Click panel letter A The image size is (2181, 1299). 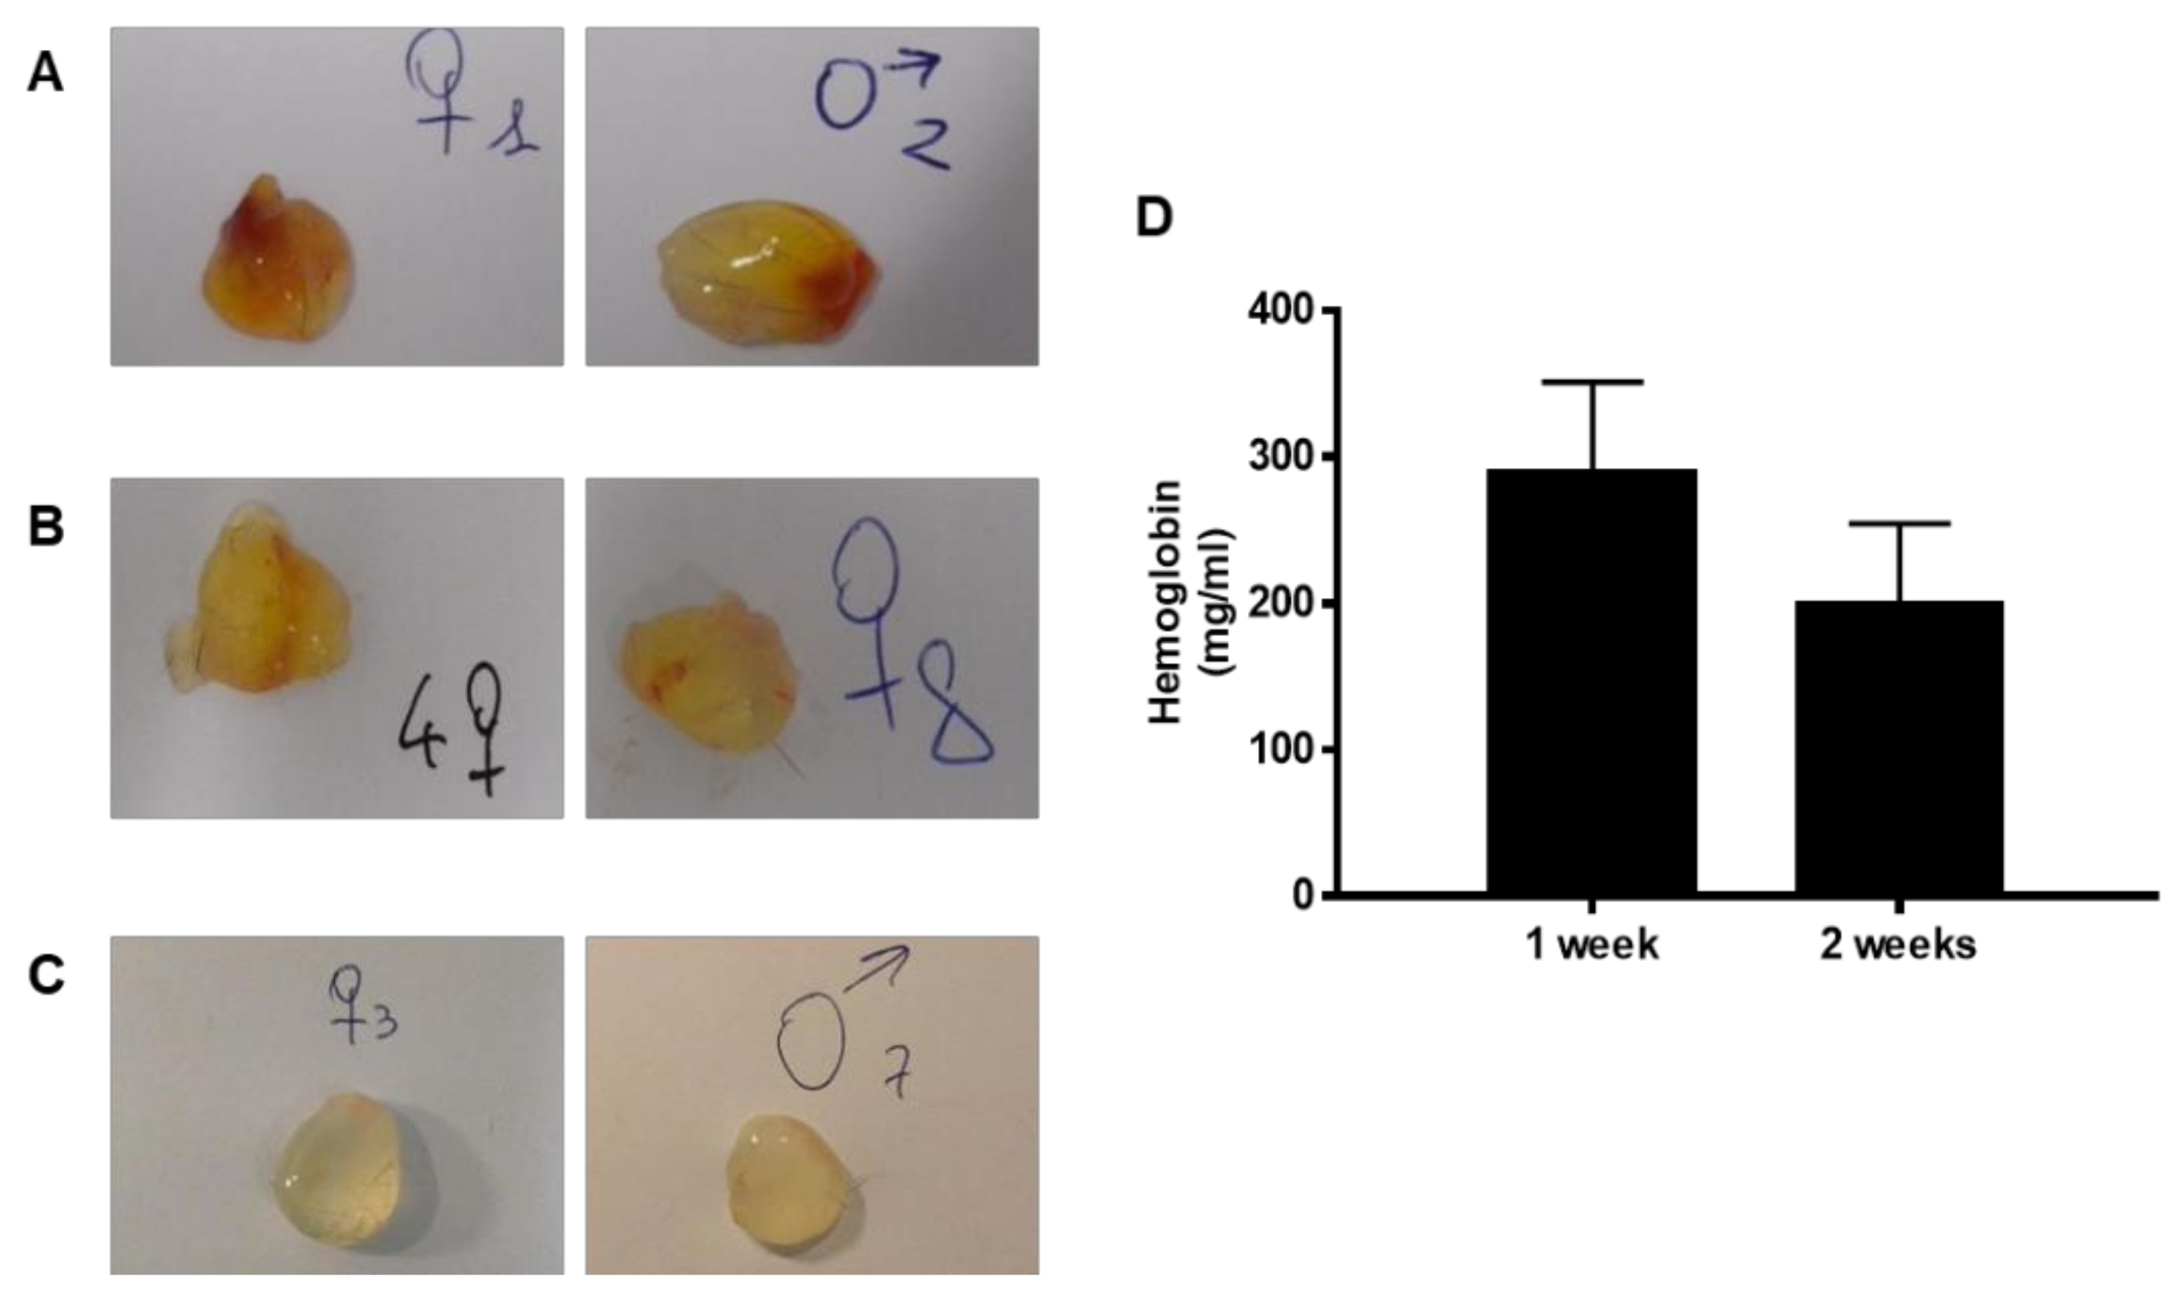[45, 74]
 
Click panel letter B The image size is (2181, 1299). [45, 527]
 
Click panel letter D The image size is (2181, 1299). [1153, 218]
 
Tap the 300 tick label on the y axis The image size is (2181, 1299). [1281, 457]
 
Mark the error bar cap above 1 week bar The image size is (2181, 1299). [1592, 382]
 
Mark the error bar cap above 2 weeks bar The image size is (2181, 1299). [1899, 525]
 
